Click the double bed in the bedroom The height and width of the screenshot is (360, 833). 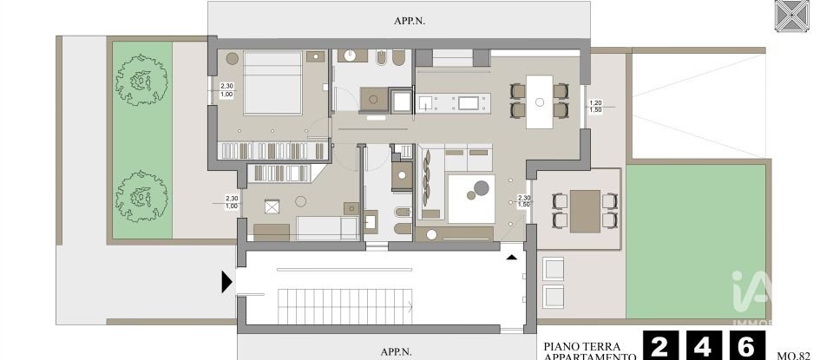(272, 82)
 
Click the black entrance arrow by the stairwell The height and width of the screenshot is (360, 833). (227, 281)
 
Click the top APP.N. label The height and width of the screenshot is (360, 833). (398, 16)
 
